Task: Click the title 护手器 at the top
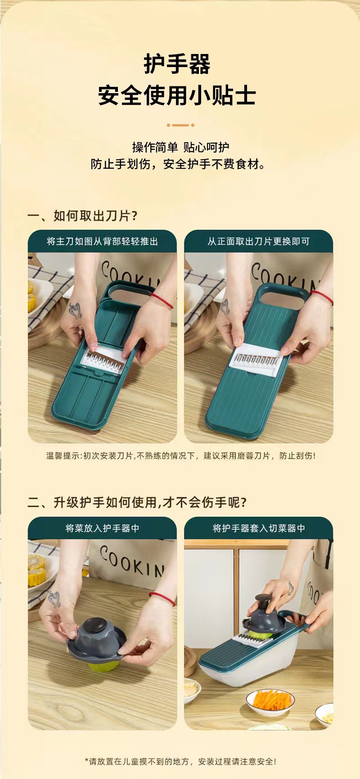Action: [x=177, y=64]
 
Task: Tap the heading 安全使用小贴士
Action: [x=177, y=95]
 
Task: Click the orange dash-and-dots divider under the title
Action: [x=180, y=125]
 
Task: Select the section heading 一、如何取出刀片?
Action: [x=82, y=216]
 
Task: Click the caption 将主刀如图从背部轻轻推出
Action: [x=103, y=242]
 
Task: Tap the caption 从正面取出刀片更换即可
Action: [x=259, y=242]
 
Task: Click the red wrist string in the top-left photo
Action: [x=162, y=300]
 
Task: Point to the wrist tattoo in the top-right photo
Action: [x=225, y=306]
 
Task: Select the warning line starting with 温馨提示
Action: [x=181, y=456]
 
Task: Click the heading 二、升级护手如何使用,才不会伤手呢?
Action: [x=137, y=502]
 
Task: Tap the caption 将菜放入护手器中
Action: [x=103, y=528]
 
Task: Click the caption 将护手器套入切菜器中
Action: [x=259, y=528]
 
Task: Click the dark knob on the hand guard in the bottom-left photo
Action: [x=95, y=626]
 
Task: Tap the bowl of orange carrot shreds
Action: [x=270, y=701]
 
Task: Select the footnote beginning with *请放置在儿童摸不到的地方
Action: [x=181, y=761]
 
